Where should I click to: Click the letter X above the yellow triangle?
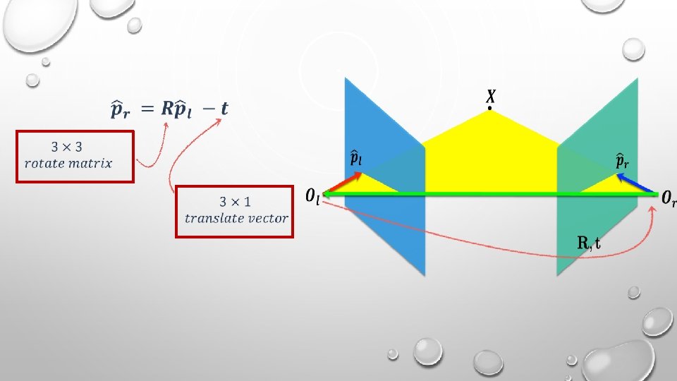tap(489, 95)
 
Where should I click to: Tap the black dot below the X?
tap(489, 109)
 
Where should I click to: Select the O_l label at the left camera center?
tap(312, 196)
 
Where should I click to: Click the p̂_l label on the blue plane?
tap(357, 159)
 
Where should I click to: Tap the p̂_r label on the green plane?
tap(622, 162)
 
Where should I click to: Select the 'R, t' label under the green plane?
tap(589, 243)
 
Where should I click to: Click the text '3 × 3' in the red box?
tap(68, 148)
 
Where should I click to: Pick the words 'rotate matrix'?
tap(68, 164)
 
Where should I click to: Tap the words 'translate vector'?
tap(236, 218)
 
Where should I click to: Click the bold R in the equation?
tap(166, 109)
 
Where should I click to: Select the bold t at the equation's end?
tap(224, 109)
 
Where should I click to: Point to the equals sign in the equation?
tap(145, 109)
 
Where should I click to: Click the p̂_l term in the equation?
tap(185, 110)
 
